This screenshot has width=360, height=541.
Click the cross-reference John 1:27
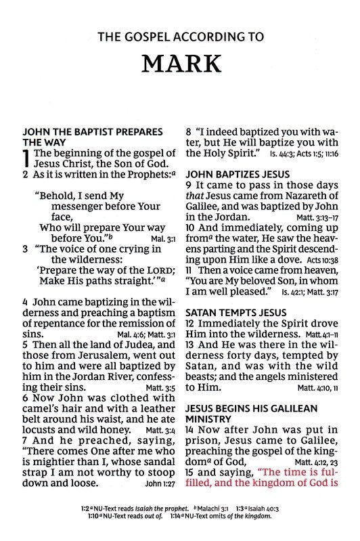160,485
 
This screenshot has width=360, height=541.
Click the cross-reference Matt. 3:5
162,387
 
